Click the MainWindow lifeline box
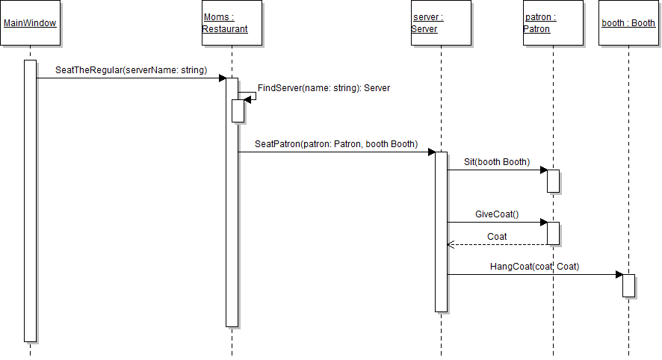[x=30, y=23]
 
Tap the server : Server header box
[x=441, y=23]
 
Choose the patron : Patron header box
[x=553, y=23]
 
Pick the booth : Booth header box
[x=628, y=23]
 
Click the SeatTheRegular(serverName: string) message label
[x=131, y=70]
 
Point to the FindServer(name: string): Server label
[x=324, y=88]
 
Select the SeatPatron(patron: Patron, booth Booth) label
[x=336, y=143]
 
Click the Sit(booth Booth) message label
[x=496, y=162]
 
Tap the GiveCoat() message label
[x=497, y=214]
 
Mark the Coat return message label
[x=497, y=237]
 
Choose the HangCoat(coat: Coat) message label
[x=534, y=267]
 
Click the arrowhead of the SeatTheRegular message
[x=222, y=78]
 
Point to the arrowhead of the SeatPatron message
[x=431, y=152]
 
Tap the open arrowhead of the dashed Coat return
[x=450, y=244]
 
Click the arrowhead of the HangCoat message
[x=619, y=275]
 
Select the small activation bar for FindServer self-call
[x=238, y=110]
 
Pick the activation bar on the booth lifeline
[x=628, y=285]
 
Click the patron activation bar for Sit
[x=553, y=181]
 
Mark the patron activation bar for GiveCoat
[x=553, y=233]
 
